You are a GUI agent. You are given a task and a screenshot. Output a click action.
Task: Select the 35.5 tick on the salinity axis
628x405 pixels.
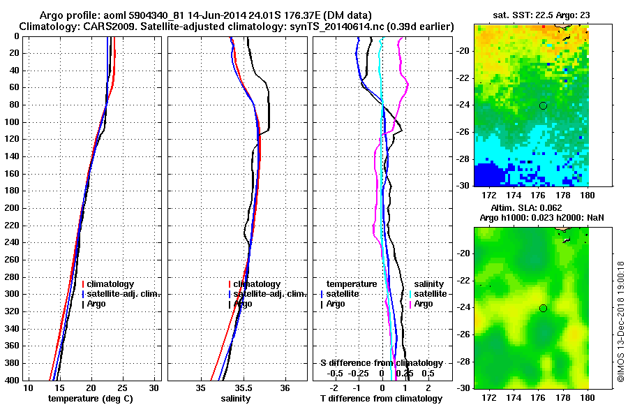pyautogui.click(x=243, y=388)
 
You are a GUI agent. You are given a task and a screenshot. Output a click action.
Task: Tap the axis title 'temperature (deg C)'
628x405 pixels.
pyautogui.click(x=90, y=398)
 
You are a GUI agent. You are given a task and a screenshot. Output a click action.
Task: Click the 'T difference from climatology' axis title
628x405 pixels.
pyautogui.click(x=381, y=398)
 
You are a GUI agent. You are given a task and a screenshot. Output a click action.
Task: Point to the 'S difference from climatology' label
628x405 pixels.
pyautogui.click(x=381, y=363)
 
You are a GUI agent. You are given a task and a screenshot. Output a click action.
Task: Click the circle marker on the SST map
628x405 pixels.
pyautogui.click(x=543, y=105)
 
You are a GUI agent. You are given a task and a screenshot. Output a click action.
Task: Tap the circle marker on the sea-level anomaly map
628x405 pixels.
pyautogui.click(x=543, y=308)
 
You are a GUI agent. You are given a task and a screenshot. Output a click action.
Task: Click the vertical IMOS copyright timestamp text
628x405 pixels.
pyautogui.click(x=620, y=322)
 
